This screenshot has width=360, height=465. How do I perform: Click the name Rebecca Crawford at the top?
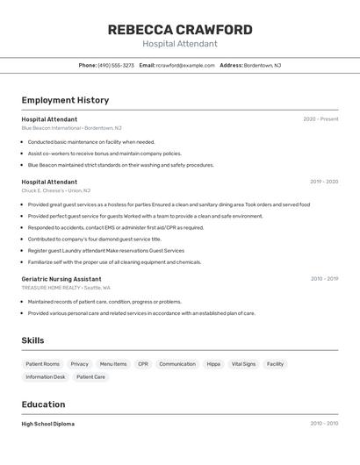(x=179, y=30)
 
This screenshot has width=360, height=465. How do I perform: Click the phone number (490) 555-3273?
(x=116, y=65)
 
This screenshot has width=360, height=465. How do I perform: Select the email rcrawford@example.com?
(x=185, y=65)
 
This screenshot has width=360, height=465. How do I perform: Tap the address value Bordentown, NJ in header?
(x=263, y=65)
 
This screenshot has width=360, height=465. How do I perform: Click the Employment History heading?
(x=65, y=100)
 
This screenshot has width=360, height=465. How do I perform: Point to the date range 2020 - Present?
(x=320, y=119)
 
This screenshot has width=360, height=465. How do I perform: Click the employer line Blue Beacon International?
(x=71, y=128)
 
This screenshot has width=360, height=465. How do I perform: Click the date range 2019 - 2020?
(x=324, y=182)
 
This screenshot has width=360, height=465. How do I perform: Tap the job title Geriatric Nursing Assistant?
(x=61, y=279)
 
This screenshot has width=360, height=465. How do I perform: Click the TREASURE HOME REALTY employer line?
(x=66, y=288)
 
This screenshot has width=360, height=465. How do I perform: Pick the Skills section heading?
(x=32, y=340)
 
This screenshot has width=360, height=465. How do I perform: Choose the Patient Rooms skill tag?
(x=42, y=364)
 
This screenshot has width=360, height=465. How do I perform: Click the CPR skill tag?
(x=143, y=364)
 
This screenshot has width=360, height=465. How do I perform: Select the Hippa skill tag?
(x=213, y=364)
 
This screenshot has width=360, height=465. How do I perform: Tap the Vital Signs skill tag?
(x=243, y=364)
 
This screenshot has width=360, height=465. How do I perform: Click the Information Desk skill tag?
(x=46, y=377)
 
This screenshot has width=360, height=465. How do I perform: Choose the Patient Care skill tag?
(x=90, y=377)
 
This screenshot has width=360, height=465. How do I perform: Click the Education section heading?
(x=43, y=404)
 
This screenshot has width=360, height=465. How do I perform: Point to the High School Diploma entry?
(x=47, y=424)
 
